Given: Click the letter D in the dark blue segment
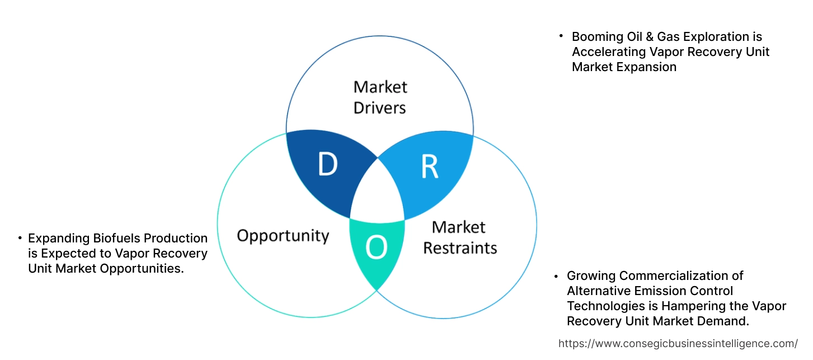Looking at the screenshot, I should tap(328, 164).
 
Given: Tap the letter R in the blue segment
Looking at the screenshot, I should tap(429, 167).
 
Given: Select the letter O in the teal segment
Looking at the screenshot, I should tap(377, 247).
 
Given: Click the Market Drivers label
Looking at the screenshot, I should tap(380, 97).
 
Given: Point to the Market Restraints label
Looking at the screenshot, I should tap(459, 237).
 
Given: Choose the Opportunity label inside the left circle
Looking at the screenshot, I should tap(283, 236).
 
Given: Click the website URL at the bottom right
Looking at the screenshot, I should tap(678, 343).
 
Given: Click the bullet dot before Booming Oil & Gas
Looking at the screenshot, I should tap(561, 36).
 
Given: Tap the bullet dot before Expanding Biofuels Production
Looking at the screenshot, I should tap(20, 237).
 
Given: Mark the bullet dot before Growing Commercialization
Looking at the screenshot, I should tap(556, 275).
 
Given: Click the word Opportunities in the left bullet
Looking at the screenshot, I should tap(142, 268).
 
